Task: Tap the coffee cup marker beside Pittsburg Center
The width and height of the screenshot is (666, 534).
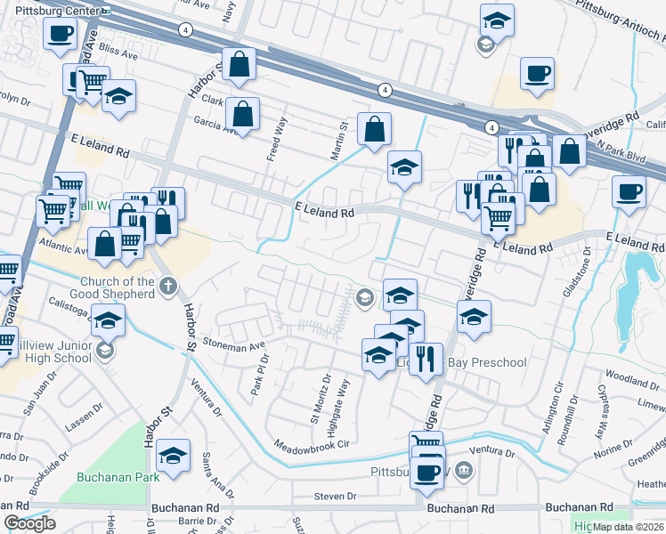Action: pos(60,36)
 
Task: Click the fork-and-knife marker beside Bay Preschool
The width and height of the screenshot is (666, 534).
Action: pos(426,359)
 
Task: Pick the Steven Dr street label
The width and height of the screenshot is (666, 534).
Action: pos(335,496)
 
